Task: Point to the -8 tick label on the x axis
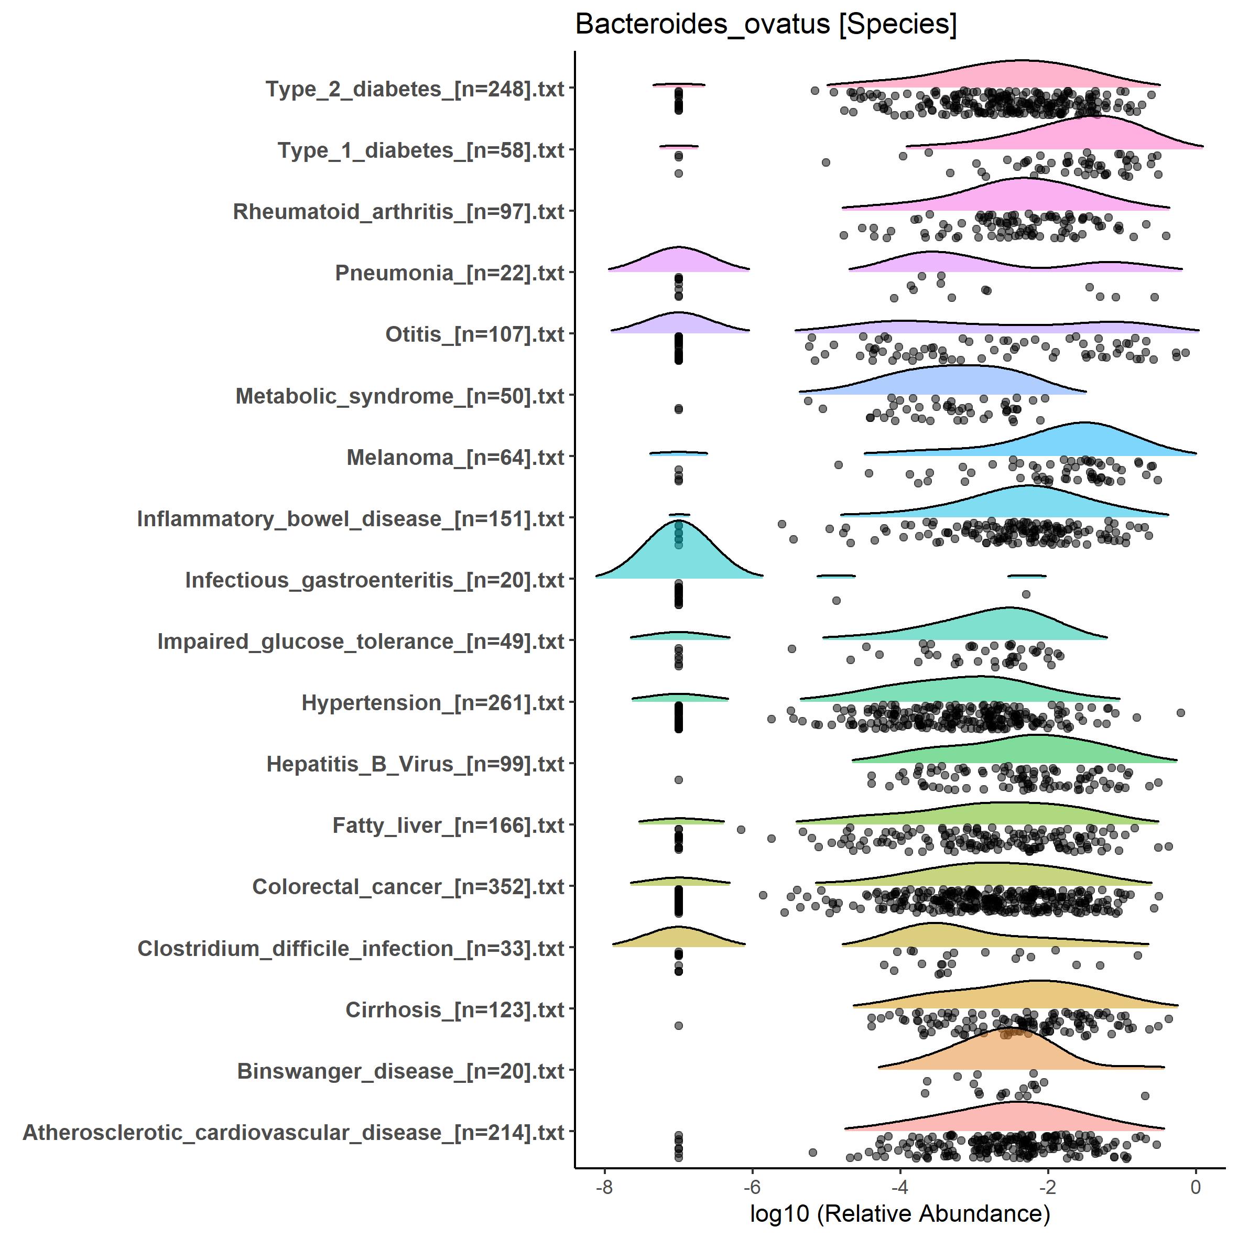click(604, 1187)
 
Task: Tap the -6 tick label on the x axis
click(752, 1187)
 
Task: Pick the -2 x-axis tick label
click(1048, 1187)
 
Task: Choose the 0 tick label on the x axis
click(1195, 1187)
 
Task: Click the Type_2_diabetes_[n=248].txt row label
click(415, 89)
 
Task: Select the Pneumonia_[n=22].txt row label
click(449, 274)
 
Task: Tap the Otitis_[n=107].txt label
click(474, 334)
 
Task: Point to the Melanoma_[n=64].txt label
click(455, 458)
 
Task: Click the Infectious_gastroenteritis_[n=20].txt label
click(374, 580)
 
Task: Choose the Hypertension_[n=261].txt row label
click(432, 703)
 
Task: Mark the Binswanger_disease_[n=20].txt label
click(400, 1071)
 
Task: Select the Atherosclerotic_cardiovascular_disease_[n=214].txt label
click(294, 1133)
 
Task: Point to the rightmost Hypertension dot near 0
click(1181, 712)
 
